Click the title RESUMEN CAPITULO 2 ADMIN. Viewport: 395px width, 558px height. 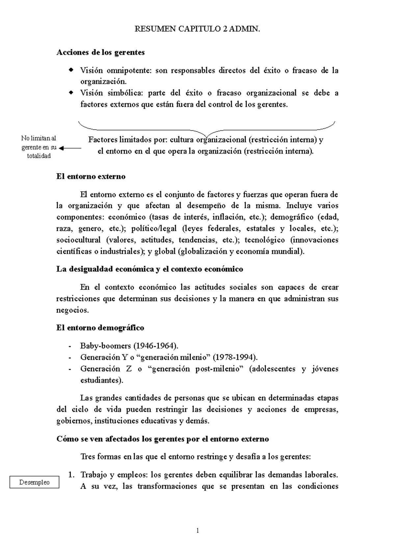point(197,29)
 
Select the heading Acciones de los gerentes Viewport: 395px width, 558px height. point(100,52)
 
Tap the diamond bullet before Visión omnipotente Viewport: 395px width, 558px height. point(70,70)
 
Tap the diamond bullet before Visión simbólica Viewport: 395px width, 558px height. point(70,93)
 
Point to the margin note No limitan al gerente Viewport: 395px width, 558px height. point(39,147)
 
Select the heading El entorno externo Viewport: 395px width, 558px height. point(91,176)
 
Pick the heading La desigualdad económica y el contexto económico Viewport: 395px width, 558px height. point(149,269)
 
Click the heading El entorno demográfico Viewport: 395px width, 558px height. point(100,328)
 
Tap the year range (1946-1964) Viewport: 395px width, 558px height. point(156,346)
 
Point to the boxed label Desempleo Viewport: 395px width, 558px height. point(35,482)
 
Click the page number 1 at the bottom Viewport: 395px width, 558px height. point(197,530)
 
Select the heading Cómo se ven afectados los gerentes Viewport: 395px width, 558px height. point(163,439)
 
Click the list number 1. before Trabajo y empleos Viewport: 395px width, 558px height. point(70,475)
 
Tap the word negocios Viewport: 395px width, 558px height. point(72,310)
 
